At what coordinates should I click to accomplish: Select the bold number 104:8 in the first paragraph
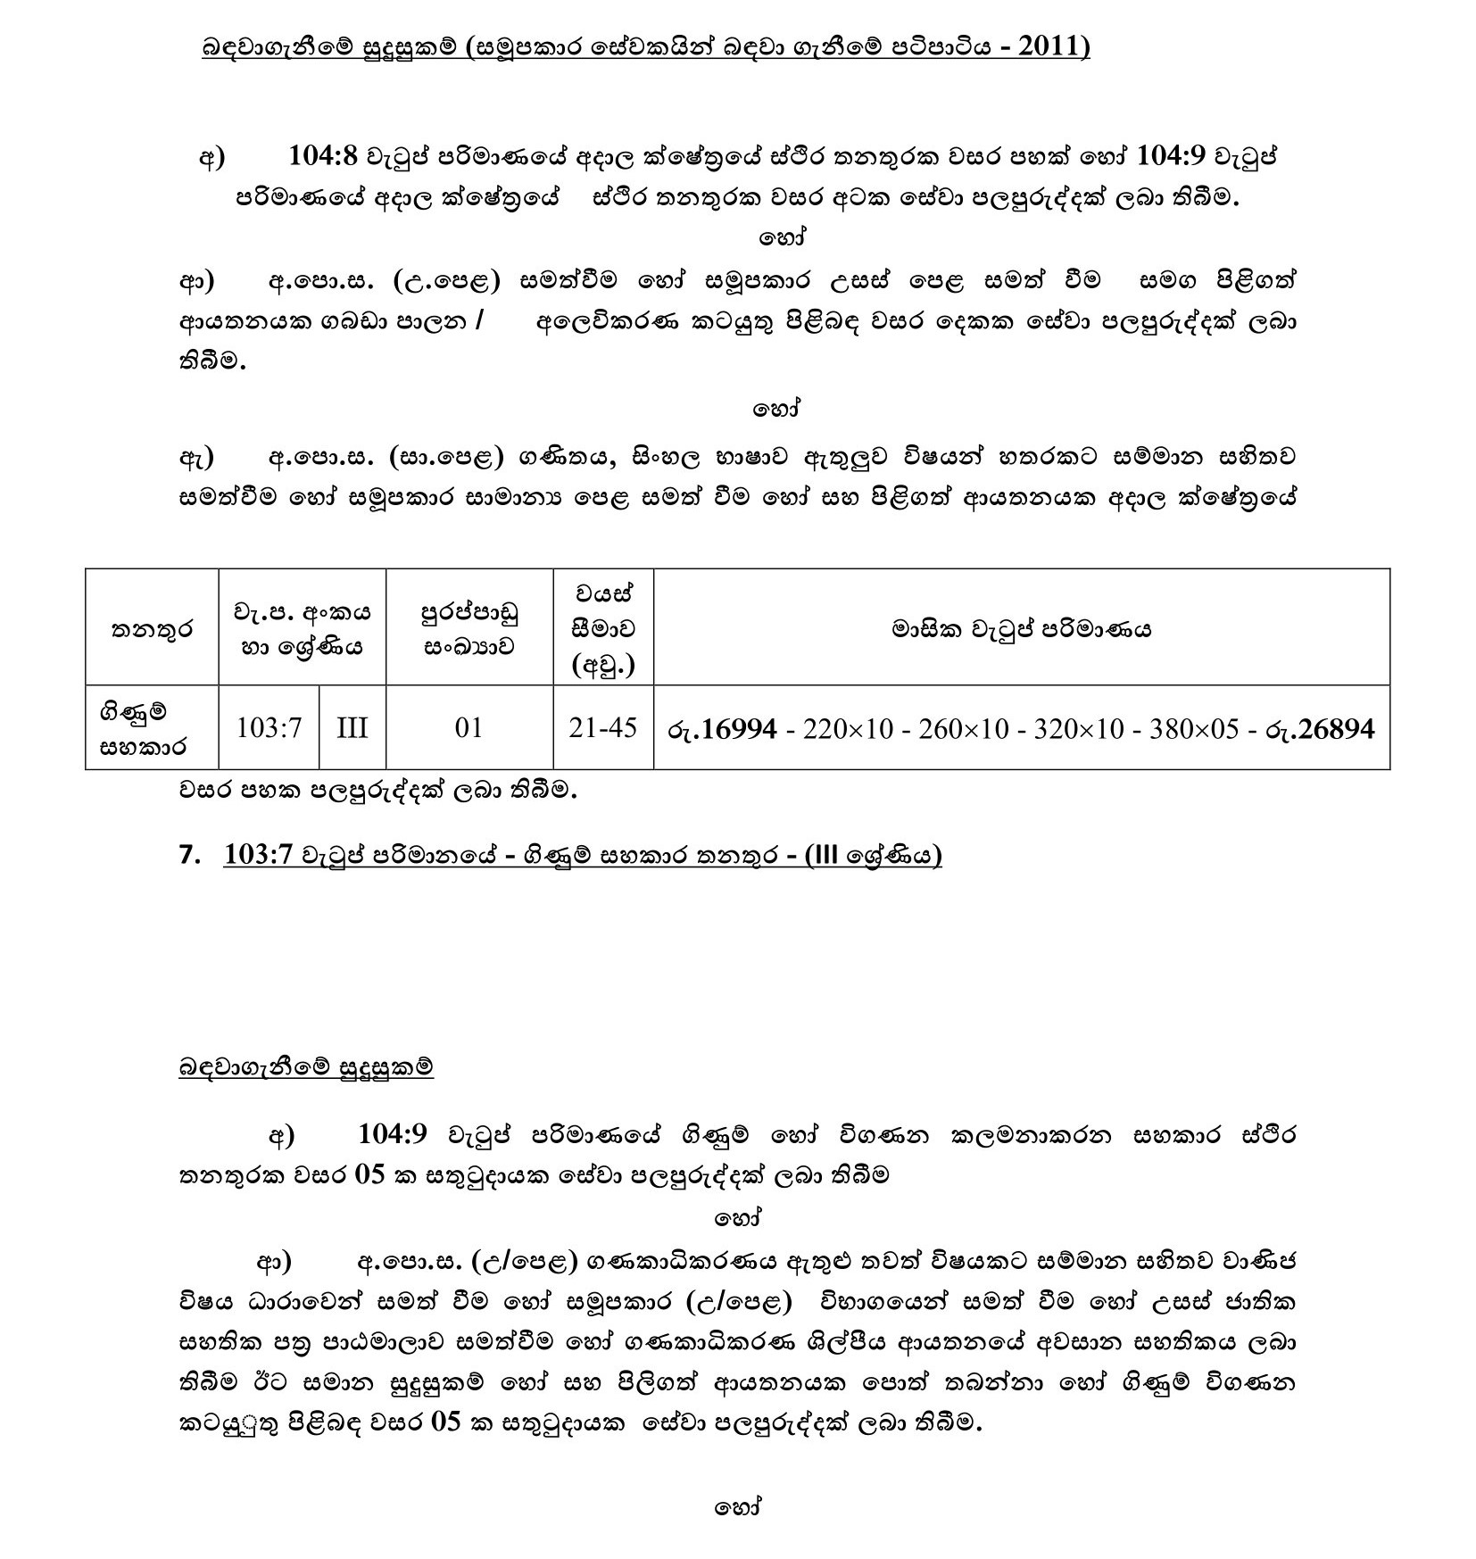coord(323,157)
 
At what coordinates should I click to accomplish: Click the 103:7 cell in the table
coord(269,728)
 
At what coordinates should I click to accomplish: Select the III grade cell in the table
coord(352,728)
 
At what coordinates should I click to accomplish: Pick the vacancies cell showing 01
coord(469,728)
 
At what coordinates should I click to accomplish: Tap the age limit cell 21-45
coord(603,728)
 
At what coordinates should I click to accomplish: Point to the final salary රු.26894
coord(1320,730)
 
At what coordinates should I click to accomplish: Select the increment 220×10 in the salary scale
coord(848,730)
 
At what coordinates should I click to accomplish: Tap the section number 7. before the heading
coord(190,855)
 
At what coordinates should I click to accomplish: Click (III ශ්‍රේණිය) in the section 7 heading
coord(873,855)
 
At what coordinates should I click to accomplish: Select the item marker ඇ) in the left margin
coord(196,457)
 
